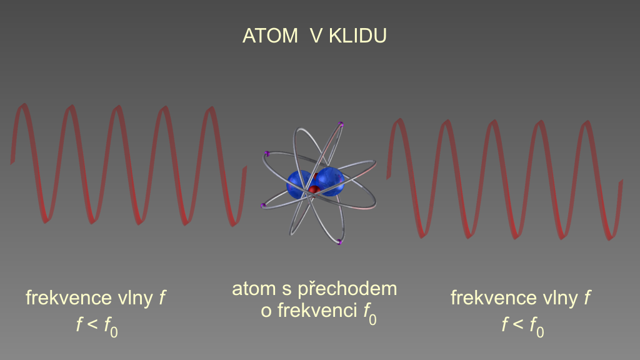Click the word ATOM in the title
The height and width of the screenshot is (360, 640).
[270, 36]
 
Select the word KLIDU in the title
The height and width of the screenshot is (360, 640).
[357, 36]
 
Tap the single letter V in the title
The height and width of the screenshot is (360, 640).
[316, 36]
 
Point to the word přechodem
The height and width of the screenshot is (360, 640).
[347, 289]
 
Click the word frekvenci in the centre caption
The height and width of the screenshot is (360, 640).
[317, 311]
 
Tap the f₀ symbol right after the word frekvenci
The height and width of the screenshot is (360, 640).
[370, 314]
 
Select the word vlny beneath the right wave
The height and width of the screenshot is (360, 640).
[561, 299]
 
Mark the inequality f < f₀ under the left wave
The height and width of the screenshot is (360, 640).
[97, 326]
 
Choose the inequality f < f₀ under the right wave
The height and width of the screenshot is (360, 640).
[522, 326]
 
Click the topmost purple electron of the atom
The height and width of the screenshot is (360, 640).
[341, 124]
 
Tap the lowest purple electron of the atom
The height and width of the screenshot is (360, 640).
[339, 242]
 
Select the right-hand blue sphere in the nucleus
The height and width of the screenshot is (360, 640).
[330, 181]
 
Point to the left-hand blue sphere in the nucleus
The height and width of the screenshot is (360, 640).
[299, 184]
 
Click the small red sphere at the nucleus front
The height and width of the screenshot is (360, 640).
[314, 190]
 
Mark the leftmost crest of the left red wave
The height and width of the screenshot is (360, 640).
[24, 107]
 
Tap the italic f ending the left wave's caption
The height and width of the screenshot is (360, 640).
[162, 298]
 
